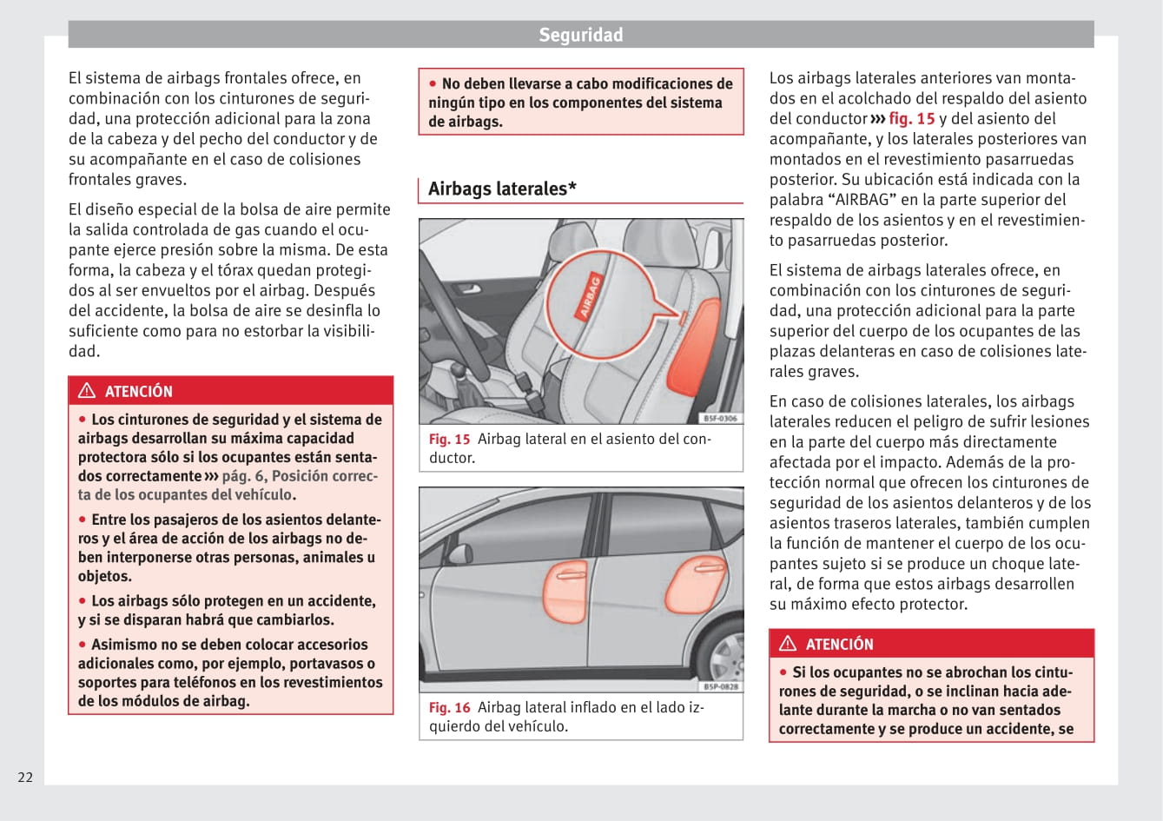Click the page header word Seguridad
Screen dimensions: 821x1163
point(580,35)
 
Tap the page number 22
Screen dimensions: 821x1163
point(25,777)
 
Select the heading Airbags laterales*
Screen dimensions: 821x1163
point(502,189)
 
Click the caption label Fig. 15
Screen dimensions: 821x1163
point(449,440)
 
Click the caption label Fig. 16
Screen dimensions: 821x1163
point(449,708)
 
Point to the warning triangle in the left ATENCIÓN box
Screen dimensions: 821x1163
point(87,391)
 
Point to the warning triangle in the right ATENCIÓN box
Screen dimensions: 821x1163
point(788,644)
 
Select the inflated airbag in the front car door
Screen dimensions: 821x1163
point(564,590)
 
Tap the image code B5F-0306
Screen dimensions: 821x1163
point(720,419)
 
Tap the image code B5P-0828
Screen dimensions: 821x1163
point(720,687)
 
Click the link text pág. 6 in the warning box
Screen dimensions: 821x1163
point(242,476)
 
